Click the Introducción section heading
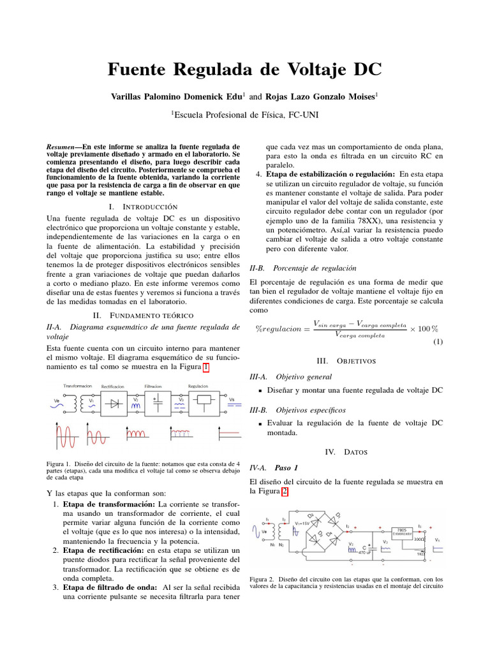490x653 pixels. point(143,207)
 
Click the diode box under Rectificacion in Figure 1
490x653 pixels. point(114,404)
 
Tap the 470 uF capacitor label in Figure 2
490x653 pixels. point(366,552)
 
